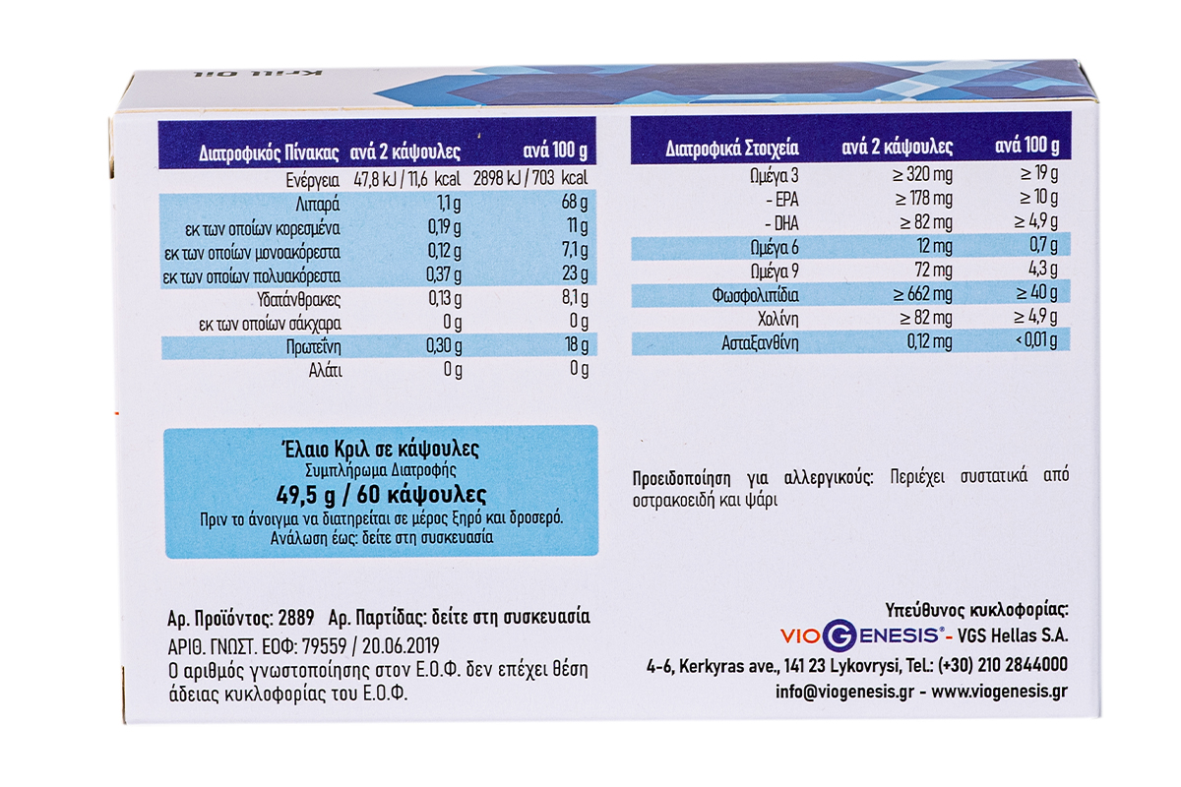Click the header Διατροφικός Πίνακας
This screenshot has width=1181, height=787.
tap(269, 154)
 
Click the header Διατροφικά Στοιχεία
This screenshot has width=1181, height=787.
tap(731, 149)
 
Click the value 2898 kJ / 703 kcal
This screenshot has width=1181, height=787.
tap(532, 181)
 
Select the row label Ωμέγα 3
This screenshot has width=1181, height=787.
tap(774, 175)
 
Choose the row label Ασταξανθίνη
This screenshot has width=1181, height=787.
tap(758, 341)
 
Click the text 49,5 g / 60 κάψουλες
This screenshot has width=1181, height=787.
tap(381, 494)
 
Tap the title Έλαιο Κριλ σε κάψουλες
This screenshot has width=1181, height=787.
tap(381, 450)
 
